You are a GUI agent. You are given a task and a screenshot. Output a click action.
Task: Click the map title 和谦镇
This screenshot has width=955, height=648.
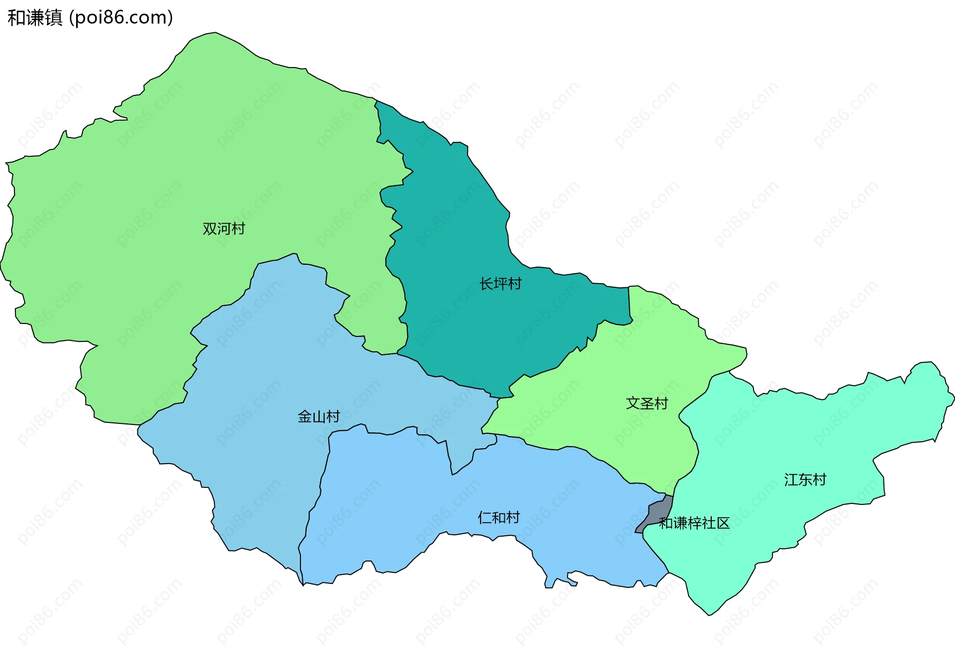[x=35, y=18]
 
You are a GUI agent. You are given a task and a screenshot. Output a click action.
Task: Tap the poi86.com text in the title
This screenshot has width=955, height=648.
[x=121, y=18]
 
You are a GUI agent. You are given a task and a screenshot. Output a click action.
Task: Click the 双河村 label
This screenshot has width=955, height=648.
[x=224, y=229]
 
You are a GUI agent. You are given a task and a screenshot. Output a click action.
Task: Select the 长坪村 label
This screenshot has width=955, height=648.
[x=500, y=284]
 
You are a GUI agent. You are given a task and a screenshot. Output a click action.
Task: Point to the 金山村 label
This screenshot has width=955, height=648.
[x=319, y=416]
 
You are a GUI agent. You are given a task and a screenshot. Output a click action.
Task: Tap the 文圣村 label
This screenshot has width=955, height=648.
[x=647, y=403]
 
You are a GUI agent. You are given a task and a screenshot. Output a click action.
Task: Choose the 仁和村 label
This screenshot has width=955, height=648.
[x=499, y=518]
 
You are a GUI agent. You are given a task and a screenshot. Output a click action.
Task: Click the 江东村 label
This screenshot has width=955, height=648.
[x=805, y=480]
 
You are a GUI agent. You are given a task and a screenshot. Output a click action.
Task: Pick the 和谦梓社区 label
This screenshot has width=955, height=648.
[x=694, y=523]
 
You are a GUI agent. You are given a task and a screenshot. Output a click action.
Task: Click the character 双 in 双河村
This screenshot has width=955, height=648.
[x=210, y=229]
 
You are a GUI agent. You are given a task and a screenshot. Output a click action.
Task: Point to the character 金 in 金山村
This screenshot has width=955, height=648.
[x=305, y=416]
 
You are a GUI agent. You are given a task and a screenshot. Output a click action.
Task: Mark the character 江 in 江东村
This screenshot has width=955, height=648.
[x=791, y=480]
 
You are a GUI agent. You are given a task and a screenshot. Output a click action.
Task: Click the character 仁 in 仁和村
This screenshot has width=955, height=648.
[x=485, y=518]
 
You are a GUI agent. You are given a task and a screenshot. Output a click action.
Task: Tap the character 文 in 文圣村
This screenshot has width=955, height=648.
[x=633, y=403]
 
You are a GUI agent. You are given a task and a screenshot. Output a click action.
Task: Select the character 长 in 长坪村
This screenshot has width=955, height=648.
[x=486, y=284]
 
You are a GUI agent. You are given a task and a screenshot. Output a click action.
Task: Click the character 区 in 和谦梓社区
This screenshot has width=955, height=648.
[x=723, y=523]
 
